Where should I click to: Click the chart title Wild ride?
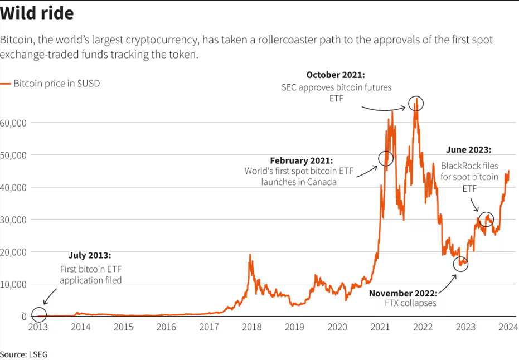37,13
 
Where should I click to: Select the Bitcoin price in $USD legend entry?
50,84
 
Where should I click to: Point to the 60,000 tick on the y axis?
13,123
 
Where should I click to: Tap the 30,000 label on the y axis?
13,220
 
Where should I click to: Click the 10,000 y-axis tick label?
13,284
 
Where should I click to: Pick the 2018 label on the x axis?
252,327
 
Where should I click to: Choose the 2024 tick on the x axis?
508,327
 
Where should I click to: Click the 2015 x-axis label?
123,327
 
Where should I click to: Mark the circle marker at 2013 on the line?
39,308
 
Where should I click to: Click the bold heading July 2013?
90,255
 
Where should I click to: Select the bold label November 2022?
403,293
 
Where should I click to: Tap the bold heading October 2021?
336,75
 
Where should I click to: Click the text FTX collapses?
410,303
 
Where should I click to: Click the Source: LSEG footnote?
24,354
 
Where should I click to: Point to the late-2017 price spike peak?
250,255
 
